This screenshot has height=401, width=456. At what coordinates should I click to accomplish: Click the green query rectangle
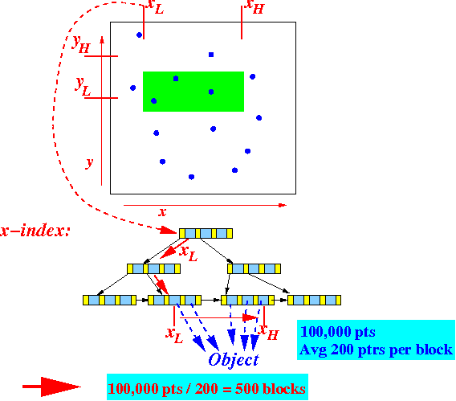tap(193, 92)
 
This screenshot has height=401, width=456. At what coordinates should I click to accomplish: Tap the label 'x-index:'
tap(35, 231)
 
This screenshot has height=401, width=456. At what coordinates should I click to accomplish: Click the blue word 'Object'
tap(234, 360)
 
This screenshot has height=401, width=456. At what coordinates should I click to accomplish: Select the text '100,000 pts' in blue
tap(338, 332)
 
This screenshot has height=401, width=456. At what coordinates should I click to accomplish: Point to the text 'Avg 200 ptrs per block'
tap(376, 350)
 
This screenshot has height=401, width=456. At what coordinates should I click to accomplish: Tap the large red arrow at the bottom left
tap(51, 387)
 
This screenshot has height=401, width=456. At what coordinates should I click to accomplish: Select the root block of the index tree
tap(206, 233)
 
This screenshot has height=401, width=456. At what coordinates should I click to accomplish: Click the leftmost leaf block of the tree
tap(109, 300)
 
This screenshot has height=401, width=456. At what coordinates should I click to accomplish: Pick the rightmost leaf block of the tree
tap(314, 300)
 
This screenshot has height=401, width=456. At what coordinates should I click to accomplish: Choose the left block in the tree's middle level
tap(153, 268)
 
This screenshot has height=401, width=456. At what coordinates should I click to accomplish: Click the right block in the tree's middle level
tap(254, 268)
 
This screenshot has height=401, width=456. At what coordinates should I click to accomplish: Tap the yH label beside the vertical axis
tap(81, 45)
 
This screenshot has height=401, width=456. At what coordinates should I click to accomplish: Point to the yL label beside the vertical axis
tap(83, 87)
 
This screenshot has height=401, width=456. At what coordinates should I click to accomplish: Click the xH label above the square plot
tap(255, 6)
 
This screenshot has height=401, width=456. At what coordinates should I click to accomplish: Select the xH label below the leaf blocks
tap(268, 332)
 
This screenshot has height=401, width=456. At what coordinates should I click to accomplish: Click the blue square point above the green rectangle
tap(211, 55)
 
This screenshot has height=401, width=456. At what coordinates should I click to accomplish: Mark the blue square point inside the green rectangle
tap(176, 79)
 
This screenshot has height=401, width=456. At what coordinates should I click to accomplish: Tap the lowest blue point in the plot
tap(191, 177)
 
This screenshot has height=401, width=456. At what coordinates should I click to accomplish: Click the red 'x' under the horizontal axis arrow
tap(162, 212)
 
